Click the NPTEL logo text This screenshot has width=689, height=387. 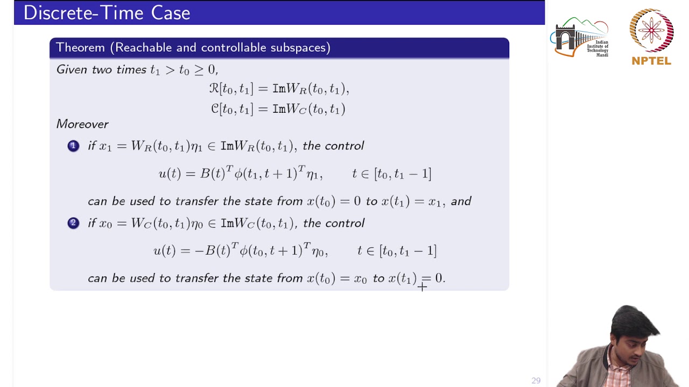[x=651, y=61]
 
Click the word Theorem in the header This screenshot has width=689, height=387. [x=80, y=48]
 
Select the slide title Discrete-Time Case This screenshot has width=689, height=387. [x=107, y=13]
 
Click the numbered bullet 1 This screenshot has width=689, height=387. [x=73, y=146]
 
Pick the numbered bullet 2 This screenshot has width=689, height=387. [x=73, y=223]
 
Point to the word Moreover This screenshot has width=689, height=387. [x=82, y=124]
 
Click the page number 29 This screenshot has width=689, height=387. [x=536, y=381]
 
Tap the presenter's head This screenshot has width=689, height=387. [x=635, y=328]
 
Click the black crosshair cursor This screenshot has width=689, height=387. [x=422, y=287]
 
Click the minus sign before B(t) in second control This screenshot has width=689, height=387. [x=199, y=251]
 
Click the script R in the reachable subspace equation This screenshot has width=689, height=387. [x=214, y=89]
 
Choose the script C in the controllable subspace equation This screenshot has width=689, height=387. [x=215, y=109]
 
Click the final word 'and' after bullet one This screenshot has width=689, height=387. [x=461, y=202]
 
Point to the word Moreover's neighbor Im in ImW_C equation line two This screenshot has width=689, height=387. [x=279, y=109]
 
